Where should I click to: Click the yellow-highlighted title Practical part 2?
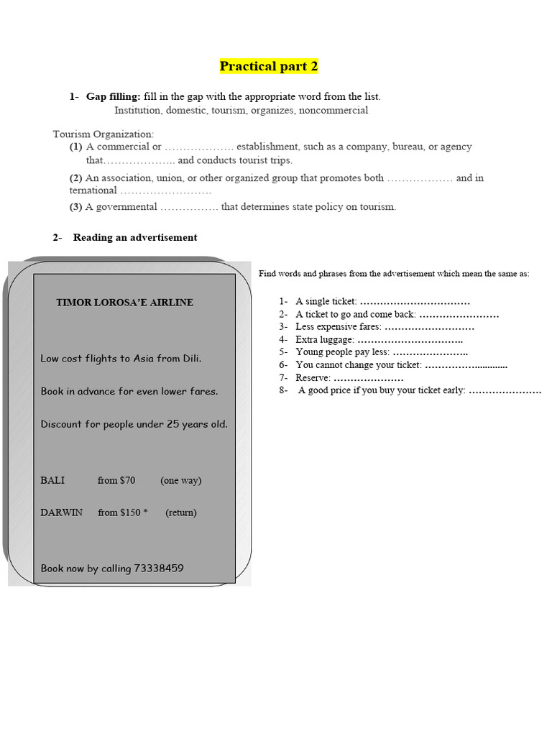pos(269,67)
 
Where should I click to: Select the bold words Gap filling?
pos(113,96)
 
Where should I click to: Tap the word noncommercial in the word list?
pos(333,111)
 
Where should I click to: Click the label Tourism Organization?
pos(103,134)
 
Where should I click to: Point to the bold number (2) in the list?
pos(75,178)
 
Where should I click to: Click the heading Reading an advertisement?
pos(134,237)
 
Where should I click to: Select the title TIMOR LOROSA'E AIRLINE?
pos(124,303)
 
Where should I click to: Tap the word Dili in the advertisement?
pos(190,359)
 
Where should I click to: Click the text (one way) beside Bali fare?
pos(180,480)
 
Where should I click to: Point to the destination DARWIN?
pos(61,512)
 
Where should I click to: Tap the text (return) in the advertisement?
pos(180,512)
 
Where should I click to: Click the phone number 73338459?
pos(158,569)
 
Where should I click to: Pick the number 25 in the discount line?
pos(172,424)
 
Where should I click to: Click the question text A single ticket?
pos(326,301)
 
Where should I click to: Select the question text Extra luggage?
pos(325,339)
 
